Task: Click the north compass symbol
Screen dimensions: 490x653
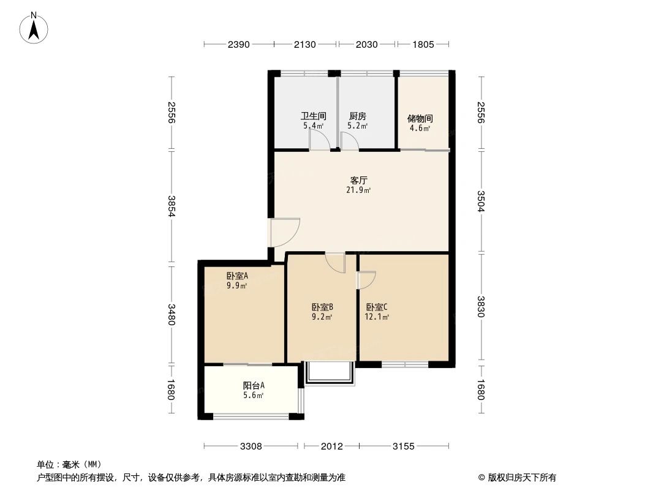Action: [35, 27]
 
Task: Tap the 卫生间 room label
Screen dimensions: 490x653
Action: [313, 116]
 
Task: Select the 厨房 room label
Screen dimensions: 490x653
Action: [357, 116]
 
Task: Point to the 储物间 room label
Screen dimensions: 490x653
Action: [420, 119]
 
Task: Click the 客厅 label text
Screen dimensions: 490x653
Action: [358, 181]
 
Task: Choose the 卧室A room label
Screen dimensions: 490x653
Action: [236, 276]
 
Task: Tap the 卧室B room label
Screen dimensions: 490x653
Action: [322, 307]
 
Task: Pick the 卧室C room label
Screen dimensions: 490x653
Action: [377, 307]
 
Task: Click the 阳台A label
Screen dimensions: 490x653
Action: [254, 385]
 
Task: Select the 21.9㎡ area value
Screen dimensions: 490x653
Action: [358, 190]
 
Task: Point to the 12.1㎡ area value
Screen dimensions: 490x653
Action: [377, 317]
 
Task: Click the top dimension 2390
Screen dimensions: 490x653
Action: [239, 44]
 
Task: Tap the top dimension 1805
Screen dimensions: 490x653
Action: [423, 44]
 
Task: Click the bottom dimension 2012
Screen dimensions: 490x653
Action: [331, 447]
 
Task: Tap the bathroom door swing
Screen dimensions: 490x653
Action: [319, 140]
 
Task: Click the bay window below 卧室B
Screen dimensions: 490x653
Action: [330, 373]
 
